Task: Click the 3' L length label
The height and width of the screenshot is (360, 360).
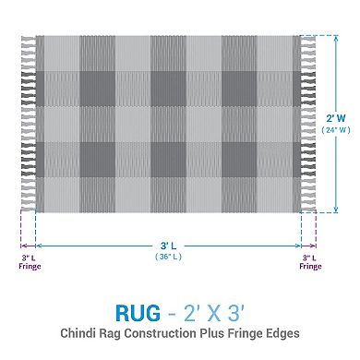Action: pyautogui.click(x=167, y=246)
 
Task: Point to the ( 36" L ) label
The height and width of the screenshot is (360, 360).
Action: pyautogui.click(x=167, y=258)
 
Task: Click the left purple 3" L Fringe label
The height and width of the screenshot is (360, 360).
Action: pyautogui.click(x=27, y=262)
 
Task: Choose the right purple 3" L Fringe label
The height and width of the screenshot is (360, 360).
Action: pyautogui.click(x=310, y=262)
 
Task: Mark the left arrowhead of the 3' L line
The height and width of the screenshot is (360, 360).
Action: pyautogui.click(x=37, y=245)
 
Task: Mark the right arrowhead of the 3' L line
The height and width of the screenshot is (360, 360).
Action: pyautogui.click(x=297, y=245)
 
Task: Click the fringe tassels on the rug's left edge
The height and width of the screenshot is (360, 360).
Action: pyautogui.click(x=27, y=125)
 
